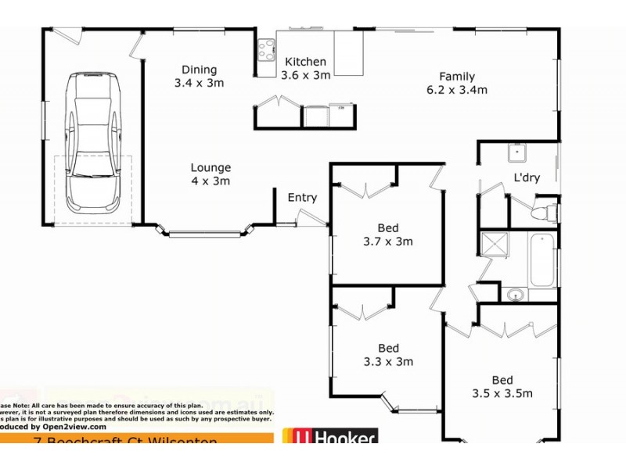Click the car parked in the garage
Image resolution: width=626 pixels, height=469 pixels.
tap(92, 142)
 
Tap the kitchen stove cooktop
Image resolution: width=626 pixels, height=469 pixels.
tap(266, 50)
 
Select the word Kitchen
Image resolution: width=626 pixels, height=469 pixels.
tap(305, 62)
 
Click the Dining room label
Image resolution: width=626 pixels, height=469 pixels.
tap(199, 70)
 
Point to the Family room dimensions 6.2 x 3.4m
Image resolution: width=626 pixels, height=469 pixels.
tap(457, 89)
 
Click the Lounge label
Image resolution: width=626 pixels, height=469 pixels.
tap(210, 167)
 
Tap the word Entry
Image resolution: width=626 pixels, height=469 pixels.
tap(302, 198)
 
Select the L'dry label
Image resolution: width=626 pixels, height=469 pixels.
tap(527, 177)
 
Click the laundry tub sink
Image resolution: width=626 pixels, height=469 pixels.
tap(516, 152)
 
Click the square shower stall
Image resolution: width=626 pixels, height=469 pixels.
tap(494, 245)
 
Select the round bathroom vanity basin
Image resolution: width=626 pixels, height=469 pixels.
tap(515, 295)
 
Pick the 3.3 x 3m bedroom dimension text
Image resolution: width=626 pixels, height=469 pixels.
tap(388, 362)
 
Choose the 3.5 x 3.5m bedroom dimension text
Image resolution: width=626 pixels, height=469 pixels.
tap(502, 393)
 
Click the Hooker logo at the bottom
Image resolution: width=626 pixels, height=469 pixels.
tap(329, 438)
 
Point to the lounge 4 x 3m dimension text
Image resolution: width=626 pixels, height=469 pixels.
tap(210, 181)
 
